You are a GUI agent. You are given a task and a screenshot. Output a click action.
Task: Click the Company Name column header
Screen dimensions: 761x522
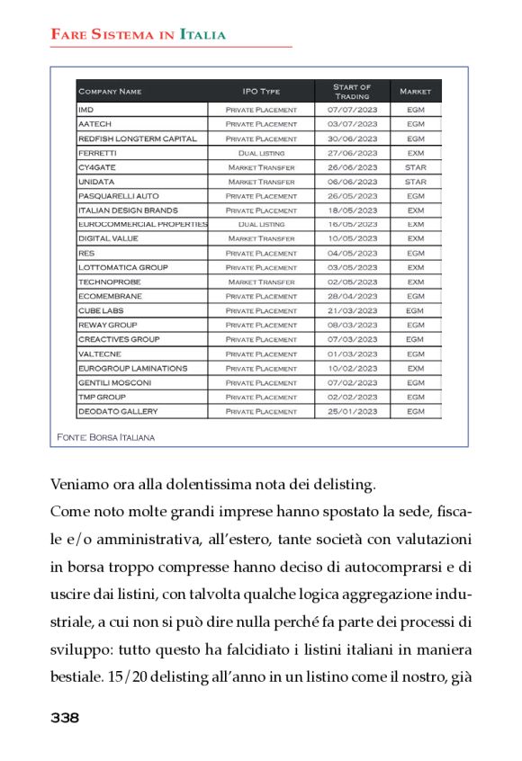pos(110,91)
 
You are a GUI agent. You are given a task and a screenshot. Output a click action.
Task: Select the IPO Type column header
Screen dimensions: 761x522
pos(261,91)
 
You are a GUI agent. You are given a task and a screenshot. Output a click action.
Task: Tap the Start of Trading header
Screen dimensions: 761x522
pos(352,91)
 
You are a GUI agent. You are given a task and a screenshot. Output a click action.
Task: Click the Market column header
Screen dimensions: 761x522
pos(415,91)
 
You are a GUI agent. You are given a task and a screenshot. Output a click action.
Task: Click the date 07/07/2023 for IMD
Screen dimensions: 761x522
pos(352,110)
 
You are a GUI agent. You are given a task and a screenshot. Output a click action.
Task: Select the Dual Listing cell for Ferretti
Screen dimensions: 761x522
pos(261,153)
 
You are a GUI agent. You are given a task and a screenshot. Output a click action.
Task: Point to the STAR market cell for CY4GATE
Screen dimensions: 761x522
pos(415,167)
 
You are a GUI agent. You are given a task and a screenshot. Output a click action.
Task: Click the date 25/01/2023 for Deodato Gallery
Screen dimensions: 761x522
pos(352,411)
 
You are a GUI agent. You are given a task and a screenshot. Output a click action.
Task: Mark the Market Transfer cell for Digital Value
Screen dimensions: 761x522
pos(261,238)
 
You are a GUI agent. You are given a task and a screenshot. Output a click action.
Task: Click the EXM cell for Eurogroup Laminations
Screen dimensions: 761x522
pos(415,368)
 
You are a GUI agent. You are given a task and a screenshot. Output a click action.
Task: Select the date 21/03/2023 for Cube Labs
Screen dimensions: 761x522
pos(352,310)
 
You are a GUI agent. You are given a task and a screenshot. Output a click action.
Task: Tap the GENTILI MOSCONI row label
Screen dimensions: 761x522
pos(114,382)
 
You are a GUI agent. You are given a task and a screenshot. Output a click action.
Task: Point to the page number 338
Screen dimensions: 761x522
pos(65,718)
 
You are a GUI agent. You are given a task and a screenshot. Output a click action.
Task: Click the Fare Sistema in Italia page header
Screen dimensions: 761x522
pos(138,35)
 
